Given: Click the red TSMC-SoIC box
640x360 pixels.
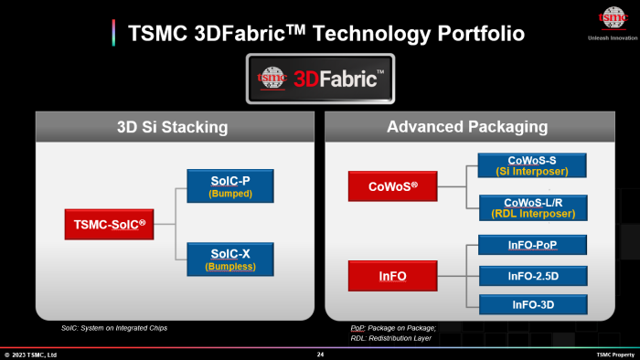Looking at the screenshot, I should point(108,224).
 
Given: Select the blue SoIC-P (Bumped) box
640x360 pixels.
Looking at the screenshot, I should point(230,186).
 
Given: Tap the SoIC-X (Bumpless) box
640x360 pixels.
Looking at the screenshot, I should point(230,260).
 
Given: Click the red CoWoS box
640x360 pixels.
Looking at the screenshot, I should point(388,187).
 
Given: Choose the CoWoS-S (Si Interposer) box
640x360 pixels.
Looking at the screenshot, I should point(532,165).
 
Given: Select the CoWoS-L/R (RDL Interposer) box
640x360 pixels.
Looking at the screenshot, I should point(532,208).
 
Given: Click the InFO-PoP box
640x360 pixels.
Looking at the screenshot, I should point(532,245).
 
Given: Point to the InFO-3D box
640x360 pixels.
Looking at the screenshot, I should point(532,303).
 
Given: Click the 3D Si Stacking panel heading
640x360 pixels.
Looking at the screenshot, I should point(173,126).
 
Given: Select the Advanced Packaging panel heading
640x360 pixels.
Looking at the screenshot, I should point(466,126).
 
